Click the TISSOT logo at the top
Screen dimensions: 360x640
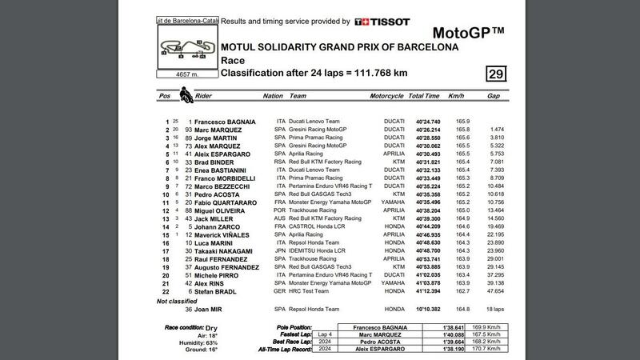(383, 22)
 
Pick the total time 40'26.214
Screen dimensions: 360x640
(424, 130)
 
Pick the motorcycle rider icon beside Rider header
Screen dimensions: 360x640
(186, 95)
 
